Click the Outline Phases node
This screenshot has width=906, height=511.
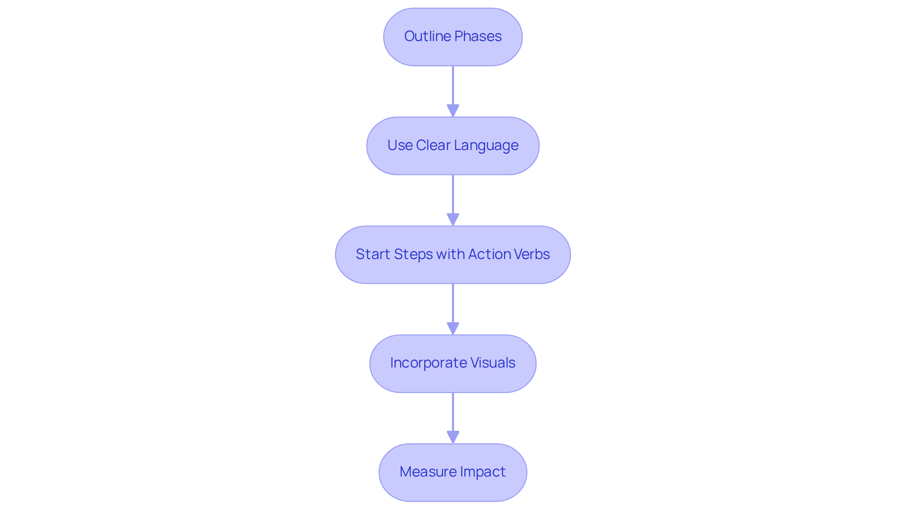(x=453, y=37)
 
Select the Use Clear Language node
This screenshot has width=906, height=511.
(x=453, y=146)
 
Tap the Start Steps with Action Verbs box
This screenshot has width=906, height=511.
(x=453, y=255)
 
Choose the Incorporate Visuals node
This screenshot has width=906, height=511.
(x=453, y=364)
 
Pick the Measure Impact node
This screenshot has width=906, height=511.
(x=453, y=472)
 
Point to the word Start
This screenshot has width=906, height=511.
(x=373, y=254)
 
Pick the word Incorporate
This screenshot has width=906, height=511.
(x=427, y=363)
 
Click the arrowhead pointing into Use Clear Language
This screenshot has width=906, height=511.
(x=453, y=111)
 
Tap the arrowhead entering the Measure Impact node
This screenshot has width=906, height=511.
(x=453, y=437)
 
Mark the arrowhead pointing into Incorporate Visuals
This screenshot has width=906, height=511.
(x=453, y=328)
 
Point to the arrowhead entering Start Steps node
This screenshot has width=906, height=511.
(x=453, y=220)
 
